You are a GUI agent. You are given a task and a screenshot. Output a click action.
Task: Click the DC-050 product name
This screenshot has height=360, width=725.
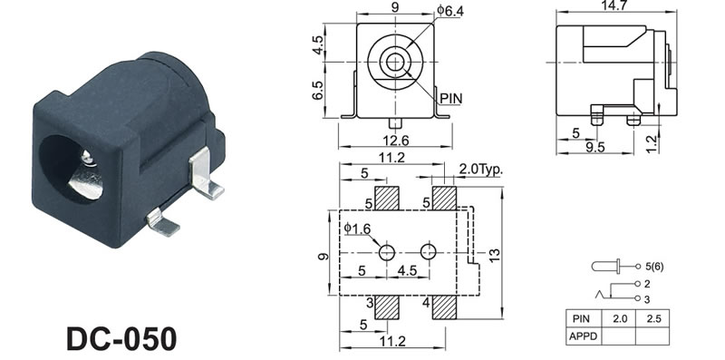pyautogui.click(x=121, y=338)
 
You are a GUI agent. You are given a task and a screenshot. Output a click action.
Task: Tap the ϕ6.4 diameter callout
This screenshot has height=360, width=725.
pyautogui.click(x=449, y=10)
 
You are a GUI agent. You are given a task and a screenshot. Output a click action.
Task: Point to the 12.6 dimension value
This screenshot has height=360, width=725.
pyautogui.click(x=396, y=140)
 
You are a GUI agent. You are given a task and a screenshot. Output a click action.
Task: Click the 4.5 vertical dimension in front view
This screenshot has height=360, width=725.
pyautogui.click(x=318, y=44)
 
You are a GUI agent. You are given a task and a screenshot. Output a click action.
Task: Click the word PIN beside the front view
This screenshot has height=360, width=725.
pyautogui.click(x=450, y=99)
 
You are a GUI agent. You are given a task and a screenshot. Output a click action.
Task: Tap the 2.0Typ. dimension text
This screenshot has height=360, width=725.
pyautogui.click(x=480, y=170)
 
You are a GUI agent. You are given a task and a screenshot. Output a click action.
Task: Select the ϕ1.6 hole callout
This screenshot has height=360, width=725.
pyautogui.click(x=357, y=228)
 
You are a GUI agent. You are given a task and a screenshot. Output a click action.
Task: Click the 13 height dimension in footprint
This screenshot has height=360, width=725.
pyautogui.click(x=494, y=255)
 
